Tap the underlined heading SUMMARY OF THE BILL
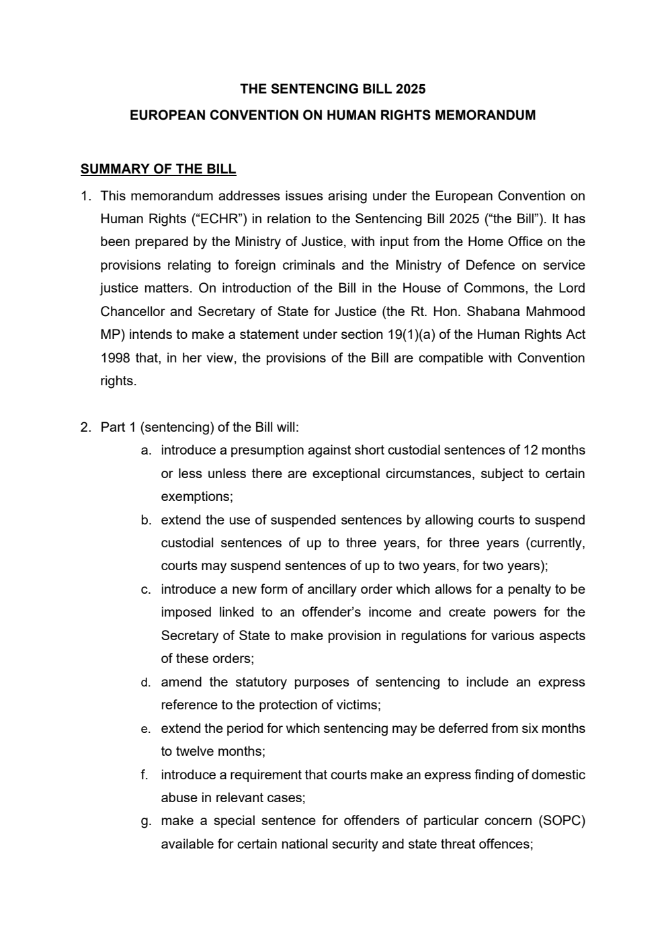(158, 169)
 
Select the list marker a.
(146, 450)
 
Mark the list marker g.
(145, 821)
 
